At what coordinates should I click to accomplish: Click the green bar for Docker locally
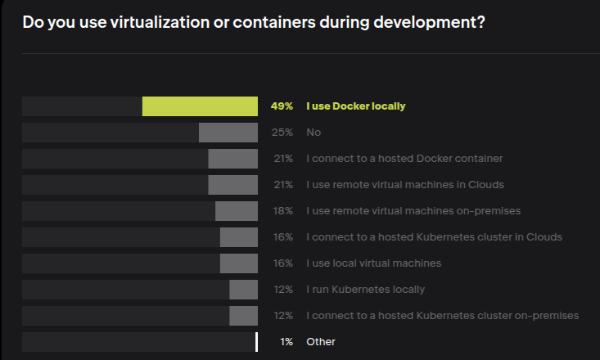pyautogui.click(x=200, y=106)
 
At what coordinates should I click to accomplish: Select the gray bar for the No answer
pyautogui.click(x=228, y=133)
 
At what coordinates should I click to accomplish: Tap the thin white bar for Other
pyautogui.click(x=256, y=342)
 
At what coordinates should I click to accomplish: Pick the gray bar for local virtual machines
pyautogui.click(x=238, y=263)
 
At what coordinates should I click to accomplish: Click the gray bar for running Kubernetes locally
pyautogui.click(x=243, y=290)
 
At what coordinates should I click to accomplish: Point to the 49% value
pyautogui.click(x=282, y=106)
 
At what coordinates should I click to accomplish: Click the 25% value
pyautogui.click(x=283, y=133)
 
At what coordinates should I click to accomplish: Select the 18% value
pyautogui.click(x=283, y=211)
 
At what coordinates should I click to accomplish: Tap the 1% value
pyautogui.click(x=286, y=342)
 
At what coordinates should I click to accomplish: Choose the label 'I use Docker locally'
pyautogui.click(x=355, y=106)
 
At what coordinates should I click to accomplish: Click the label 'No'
pyautogui.click(x=313, y=133)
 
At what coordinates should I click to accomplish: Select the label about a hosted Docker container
pyautogui.click(x=404, y=159)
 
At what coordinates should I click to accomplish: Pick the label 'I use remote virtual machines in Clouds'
pyautogui.click(x=404, y=185)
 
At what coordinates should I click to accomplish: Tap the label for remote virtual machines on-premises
pyautogui.click(x=413, y=211)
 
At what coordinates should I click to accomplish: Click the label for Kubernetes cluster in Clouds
pyautogui.click(x=434, y=237)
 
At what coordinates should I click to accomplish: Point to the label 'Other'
pyautogui.click(x=321, y=342)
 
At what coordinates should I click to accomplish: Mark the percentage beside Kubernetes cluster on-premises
pyautogui.click(x=283, y=316)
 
